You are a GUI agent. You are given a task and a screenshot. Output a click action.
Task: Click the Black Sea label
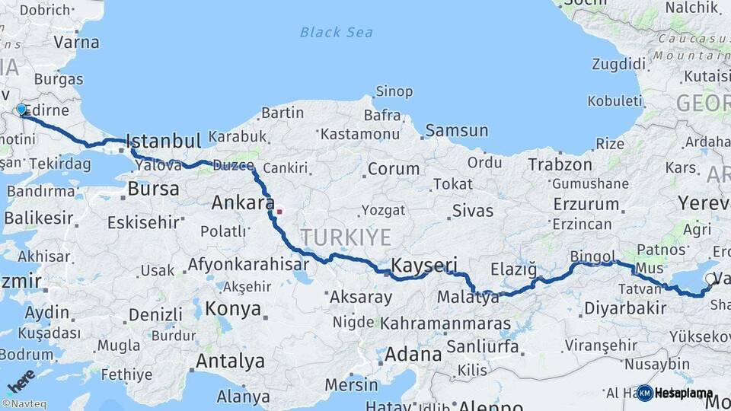[x=337, y=32]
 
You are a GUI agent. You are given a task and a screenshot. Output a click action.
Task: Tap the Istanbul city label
[x=164, y=141]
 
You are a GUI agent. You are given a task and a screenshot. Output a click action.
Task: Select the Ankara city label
[x=242, y=202]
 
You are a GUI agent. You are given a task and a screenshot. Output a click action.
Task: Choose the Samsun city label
[x=456, y=130]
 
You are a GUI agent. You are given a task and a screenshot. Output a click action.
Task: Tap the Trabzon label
[x=560, y=164]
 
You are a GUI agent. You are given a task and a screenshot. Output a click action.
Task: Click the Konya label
[x=233, y=310]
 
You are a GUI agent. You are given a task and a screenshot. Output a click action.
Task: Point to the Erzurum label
[x=586, y=204]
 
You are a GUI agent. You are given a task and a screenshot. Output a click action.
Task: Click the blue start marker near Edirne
[x=21, y=110]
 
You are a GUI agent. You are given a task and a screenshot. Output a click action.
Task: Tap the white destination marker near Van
[x=710, y=279]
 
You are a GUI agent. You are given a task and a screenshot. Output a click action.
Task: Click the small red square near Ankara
[x=279, y=212]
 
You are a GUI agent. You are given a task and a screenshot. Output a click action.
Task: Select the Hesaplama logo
[x=675, y=393]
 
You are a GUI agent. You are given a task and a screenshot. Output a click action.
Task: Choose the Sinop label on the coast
[x=394, y=91]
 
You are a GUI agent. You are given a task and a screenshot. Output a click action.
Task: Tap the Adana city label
[x=413, y=354]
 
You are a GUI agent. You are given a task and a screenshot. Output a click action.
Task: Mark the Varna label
[x=76, y=42]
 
